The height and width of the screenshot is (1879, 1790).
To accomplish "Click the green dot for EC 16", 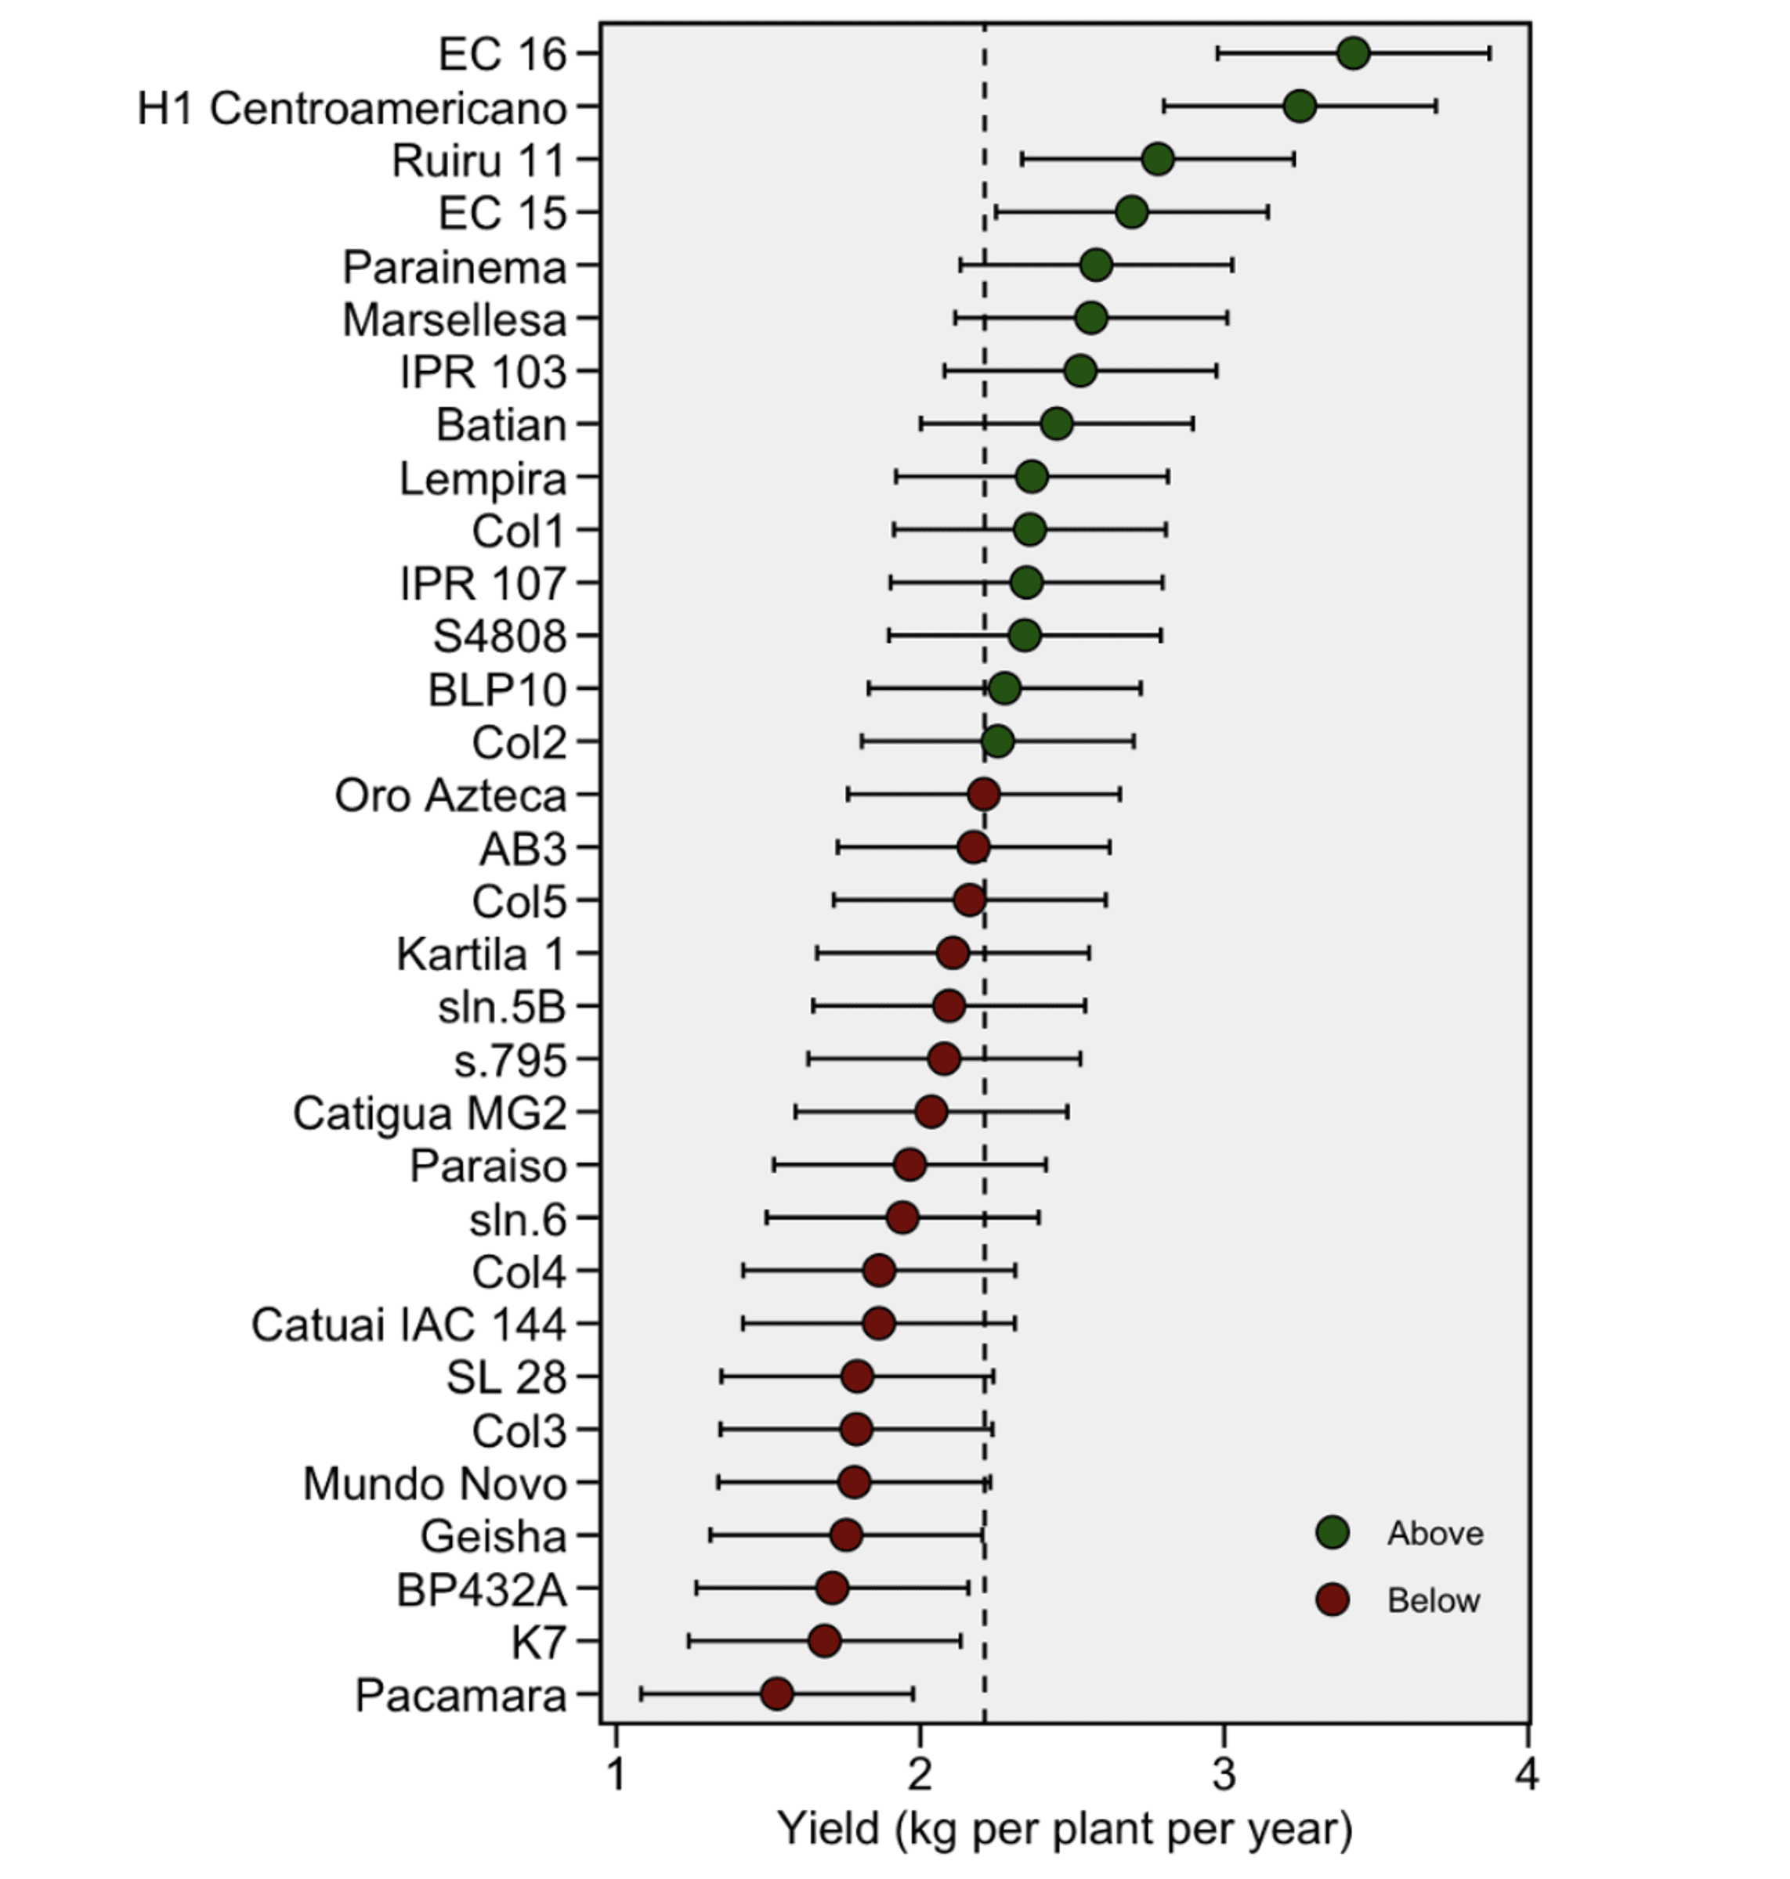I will (x=1353, y=53).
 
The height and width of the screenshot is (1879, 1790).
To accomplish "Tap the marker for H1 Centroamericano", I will (x=1300, y=106).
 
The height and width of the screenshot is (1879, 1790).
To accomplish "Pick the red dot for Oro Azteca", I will (x=984, y=794).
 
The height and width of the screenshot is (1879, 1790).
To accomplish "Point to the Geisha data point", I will (x=846, y=1535).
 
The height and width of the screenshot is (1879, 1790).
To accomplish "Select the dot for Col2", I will (x=997, y=741).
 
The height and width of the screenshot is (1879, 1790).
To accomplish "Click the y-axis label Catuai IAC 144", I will (x=408, y=1325).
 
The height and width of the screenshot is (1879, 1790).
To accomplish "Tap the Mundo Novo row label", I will (x=435, y=1483).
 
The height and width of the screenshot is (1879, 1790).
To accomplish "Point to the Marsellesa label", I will (x=454, y=319).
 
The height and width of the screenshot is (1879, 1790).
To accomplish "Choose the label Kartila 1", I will (x=481, y=954).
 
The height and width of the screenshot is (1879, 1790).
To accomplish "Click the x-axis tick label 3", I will (x=1223, y=1774).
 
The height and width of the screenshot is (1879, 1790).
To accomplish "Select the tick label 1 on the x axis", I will (x=616, y=1774).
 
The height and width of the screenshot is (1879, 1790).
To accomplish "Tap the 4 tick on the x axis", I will (x=1527, y=1774).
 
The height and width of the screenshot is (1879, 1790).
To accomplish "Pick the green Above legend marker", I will (x=1332, y=1532).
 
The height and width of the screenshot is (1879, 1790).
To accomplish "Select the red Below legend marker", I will (x=1332, y=1599).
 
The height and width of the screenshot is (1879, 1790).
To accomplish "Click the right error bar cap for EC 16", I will (x=1489, y=53).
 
